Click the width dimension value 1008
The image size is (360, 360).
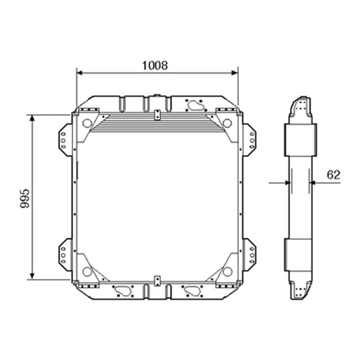(x=155, y=65)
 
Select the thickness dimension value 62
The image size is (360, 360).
(x=333, y=175)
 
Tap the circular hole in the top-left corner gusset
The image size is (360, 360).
(x=87, y=123)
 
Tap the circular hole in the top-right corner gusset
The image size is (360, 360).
(x=227, y=123)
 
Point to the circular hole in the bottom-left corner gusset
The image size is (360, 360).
(x=87, y=271)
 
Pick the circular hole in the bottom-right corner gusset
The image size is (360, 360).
(x=227, y=271)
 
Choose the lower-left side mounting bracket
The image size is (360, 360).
(x=65, y=254)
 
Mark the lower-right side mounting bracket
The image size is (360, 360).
(x=249, y=254)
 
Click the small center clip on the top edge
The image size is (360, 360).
(x=157, y=114)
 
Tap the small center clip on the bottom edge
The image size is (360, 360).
(x=157, y=280)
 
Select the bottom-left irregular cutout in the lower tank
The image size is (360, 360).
(x=122, y=290)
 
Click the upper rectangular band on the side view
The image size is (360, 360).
(x=301, y=140)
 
